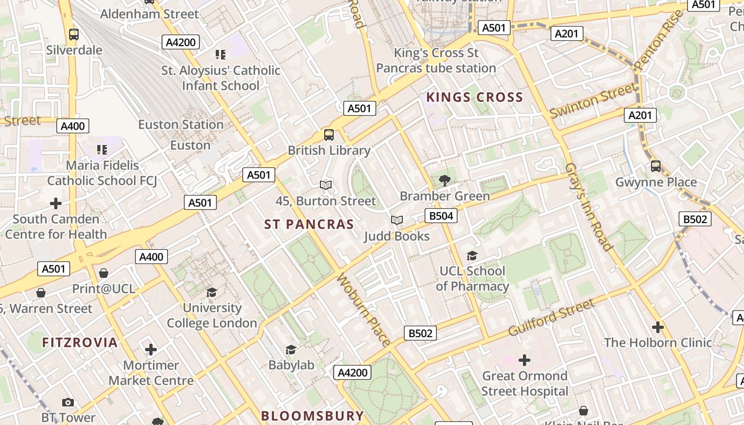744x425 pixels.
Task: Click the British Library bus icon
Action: [329, 135]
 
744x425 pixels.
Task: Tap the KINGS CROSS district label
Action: [475, 97]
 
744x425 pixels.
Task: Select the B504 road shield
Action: [441, 216]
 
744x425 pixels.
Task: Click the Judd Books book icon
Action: [396, 220]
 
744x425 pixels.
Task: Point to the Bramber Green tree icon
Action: [445, 180]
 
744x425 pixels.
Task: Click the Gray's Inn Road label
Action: [589, 207]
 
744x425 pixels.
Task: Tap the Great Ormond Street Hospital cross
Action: [525, 360]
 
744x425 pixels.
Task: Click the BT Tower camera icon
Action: [67, 402]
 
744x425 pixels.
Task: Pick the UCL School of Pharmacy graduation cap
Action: [472, 256]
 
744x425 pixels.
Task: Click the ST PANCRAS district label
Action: [309, 225]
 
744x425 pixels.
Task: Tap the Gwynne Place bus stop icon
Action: [656, 166]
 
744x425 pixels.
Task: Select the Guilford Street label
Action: [551, 318]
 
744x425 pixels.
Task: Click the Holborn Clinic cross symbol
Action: [658, 327]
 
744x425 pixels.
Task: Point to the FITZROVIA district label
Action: [80, 342]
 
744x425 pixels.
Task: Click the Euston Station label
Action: [181, 125]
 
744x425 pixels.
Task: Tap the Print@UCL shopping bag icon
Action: [104, 273]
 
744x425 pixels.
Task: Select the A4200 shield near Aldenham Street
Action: [181, 42]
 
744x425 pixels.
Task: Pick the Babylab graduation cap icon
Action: [291, 349]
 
